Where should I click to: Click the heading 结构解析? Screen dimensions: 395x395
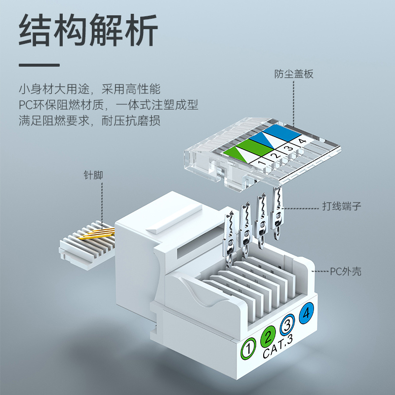pos(88,30)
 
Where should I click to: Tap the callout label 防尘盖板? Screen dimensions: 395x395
pos(294,74)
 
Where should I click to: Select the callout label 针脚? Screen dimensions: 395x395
pos(93,175)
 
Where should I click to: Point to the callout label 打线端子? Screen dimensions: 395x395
pos(342,206)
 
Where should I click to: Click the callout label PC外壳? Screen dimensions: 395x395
pos(346,272)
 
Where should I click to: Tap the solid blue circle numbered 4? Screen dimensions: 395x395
pos(306,313)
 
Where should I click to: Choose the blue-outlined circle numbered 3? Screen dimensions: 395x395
pos(287,325)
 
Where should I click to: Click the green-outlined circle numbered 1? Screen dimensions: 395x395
pos(248,349)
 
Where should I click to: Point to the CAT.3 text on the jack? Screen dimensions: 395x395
pos(278,347)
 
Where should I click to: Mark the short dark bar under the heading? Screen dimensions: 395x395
pos(39,65)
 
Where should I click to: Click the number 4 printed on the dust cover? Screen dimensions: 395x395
pos(302,141)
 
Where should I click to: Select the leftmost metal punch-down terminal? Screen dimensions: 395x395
pos(230,239)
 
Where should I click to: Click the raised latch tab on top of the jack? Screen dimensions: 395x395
pos(174,218)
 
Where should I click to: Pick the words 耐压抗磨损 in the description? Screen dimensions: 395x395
pos(131,120)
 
